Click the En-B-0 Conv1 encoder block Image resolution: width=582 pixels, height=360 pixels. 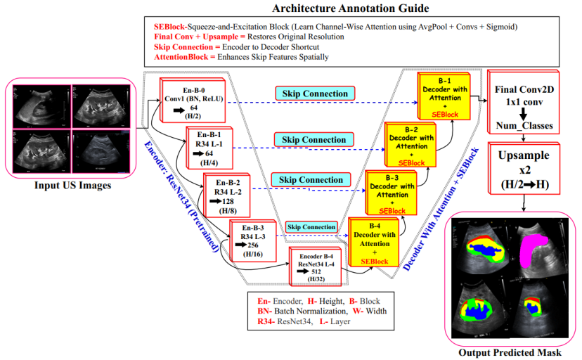coord(187,98)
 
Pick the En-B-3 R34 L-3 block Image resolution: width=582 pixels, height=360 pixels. coord(254,240)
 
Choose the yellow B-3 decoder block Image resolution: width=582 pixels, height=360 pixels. coord(391,192)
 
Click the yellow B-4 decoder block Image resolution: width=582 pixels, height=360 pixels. coord(374,243)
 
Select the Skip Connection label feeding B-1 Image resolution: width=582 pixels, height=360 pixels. coord(315,94)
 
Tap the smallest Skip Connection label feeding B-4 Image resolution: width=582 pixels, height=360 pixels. coord(310,227)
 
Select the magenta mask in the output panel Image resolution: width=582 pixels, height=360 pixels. coord(536,246)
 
